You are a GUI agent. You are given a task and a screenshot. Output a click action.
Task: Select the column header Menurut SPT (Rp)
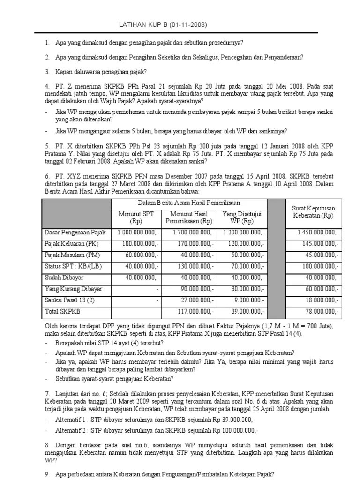(136, 217)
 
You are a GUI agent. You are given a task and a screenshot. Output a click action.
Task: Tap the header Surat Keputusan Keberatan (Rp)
(313, 212)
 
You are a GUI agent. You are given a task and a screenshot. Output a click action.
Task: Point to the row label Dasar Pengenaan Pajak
(75, 232)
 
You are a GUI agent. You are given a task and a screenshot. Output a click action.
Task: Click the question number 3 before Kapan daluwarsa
(47, 72)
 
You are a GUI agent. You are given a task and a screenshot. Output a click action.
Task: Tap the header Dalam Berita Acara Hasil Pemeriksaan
(189, 203)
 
